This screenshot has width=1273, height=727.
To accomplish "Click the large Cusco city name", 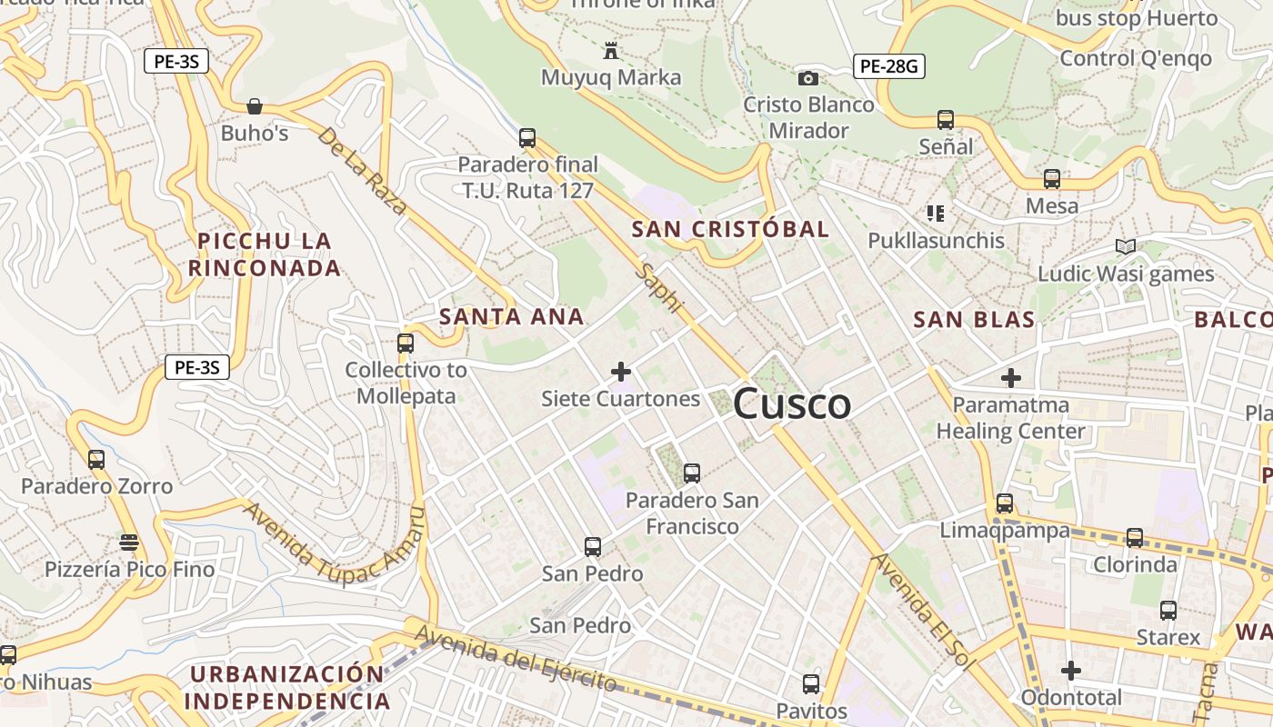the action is click(x=791, y=404).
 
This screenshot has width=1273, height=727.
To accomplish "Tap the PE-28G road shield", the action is click(x=888, y=65).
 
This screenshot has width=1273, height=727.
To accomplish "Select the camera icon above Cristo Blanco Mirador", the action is click(x=807, y=78).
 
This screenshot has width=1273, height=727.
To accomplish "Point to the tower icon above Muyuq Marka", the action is click(x=611, y=51).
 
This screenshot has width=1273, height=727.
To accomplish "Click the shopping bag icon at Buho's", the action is click(x=255, y=106).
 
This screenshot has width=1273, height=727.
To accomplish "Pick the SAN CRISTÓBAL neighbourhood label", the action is click(x=730, y=229).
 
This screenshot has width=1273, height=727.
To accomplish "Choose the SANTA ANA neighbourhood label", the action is click(x=511, y=317).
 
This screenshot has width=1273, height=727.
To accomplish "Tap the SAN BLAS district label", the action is click(x=974, y=320).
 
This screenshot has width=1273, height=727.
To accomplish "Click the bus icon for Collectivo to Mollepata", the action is click(x=406, y=344).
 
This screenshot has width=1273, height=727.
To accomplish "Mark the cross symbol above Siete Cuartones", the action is click(x=621, y=372).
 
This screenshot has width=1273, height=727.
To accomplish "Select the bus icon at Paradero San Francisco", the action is click(x=692, y=473).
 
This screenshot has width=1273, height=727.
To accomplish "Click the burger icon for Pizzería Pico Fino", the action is click(x=129, y=543).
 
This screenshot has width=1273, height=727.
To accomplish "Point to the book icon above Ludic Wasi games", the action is click(x=1126, y=246).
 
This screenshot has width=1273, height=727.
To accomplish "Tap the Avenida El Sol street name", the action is click(x=922, y=612).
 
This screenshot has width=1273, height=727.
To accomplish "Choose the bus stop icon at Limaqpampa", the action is click(x=1005, y=503).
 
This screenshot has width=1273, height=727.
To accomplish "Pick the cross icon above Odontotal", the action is click(x=1071, y=671).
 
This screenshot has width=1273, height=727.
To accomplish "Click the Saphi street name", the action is click(x=660, y=289).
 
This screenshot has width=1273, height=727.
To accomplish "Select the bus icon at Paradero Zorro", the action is click(x=96, y=460).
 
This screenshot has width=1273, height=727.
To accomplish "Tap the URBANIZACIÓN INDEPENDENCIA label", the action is click(x=286, y=687).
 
